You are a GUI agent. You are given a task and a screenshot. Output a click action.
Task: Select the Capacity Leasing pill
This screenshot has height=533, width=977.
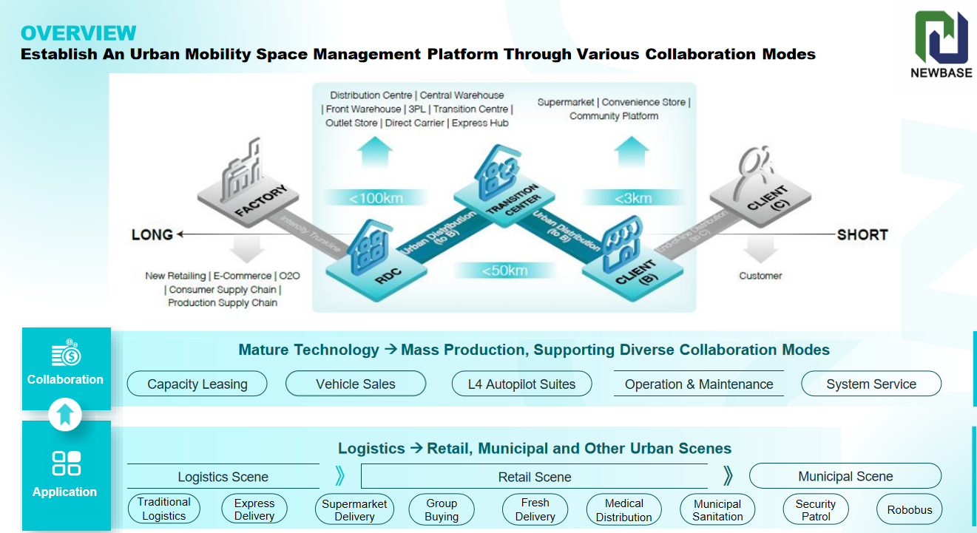pyautogui.click(x=197, y=384)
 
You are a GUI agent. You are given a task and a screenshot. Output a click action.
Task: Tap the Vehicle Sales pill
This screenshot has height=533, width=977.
pyautogui.click(x=356, y=384)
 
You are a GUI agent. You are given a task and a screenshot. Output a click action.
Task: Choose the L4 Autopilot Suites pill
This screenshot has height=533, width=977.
pyautogui.click(x=521, y=384)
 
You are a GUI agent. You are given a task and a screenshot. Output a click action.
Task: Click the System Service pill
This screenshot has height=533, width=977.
pyautogui.click(x=871, y=384)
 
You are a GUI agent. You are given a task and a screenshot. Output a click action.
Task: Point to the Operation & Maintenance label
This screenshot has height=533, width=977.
pyautogui.click(x=699, y=384)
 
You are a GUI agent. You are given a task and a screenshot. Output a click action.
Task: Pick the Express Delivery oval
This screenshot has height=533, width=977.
pyautogui.click(x=254, y=509)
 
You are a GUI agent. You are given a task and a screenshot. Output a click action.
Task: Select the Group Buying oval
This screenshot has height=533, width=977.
pyautogui.click(x=442, y=509)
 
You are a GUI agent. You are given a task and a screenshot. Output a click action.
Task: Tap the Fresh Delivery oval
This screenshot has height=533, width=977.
pyautogui.click(x=535, y=509)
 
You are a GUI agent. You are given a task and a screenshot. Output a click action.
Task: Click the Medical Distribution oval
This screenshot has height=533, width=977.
pyautogui.click(x=624, y=509)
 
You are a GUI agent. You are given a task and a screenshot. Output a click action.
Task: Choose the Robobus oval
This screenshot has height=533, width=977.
pyautogui.click(x=910, y=509)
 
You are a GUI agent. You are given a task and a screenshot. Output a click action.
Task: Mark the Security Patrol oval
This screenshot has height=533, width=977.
pyautogui.click(x=816, y=509)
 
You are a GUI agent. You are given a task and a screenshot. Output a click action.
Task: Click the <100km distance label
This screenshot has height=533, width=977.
pyautogui.click(x=376, y=197)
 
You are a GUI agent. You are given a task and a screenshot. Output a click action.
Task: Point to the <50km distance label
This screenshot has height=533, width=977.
pyautogui.click(x=505, y=271)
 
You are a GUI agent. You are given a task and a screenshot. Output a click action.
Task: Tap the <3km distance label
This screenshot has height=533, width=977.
pyautogui.click(x=632, y=197)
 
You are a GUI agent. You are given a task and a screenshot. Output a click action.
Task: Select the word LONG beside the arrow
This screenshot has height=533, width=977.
pyautogui.click(x=152, y=234)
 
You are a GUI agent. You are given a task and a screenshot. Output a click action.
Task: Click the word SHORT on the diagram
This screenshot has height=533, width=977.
pyautogui.click(x=862, y=234)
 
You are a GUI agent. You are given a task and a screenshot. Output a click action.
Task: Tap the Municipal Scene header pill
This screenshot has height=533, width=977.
pyautogui.click(x=845, y=476)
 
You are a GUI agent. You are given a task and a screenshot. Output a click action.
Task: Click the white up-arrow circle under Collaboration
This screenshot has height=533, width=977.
pyautogui.click(x=65, y=415)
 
